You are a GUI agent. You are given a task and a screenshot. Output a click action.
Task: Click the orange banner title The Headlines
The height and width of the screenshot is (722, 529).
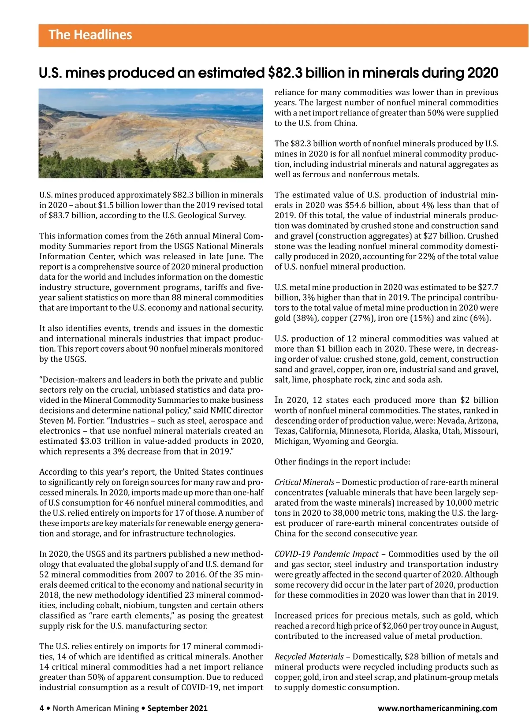90,35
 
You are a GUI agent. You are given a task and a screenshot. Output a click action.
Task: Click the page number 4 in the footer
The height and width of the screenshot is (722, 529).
42,708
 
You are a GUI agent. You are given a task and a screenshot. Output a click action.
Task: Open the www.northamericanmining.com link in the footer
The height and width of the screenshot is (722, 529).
437,708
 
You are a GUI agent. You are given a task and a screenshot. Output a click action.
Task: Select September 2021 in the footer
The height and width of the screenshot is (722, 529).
177,708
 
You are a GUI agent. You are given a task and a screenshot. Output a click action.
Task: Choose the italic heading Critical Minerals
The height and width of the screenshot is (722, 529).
304,482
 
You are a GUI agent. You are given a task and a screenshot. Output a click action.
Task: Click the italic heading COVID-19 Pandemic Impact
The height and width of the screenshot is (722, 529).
326,554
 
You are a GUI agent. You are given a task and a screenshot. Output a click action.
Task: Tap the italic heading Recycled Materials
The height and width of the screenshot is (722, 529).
309,657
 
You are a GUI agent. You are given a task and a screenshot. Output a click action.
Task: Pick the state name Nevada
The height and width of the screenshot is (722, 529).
451,421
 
